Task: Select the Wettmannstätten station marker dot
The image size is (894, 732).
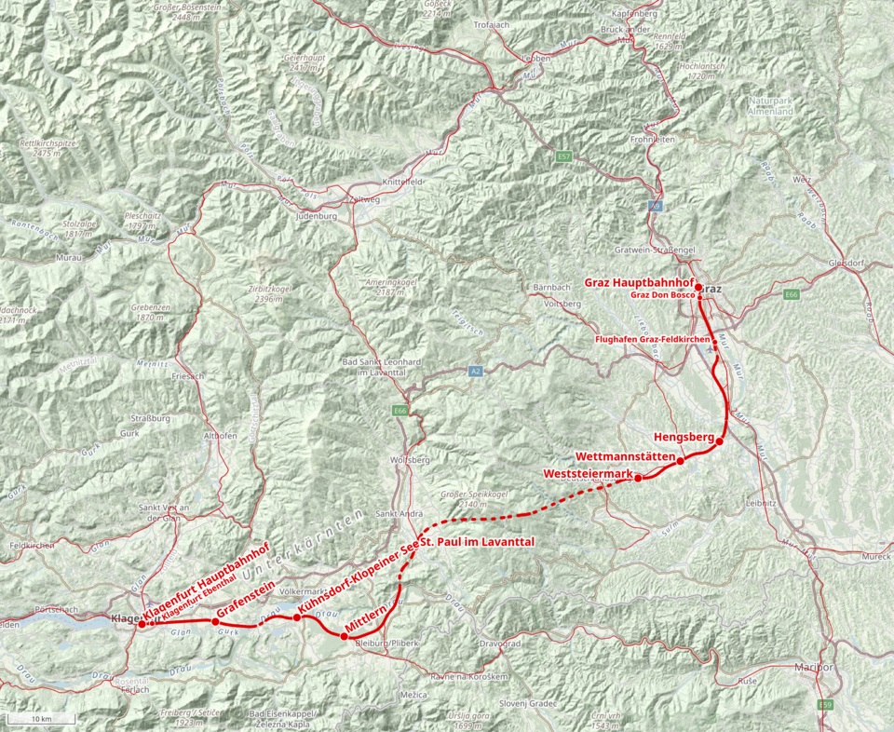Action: pos(681,461)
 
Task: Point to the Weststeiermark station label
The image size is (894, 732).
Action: pos(587,474)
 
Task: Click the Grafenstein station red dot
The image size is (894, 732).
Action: pos(215,622)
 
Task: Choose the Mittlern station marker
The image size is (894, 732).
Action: pos(344,637)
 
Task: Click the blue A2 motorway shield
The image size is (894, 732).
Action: pos(475,371)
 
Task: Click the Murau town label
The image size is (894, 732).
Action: pos(70,256)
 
